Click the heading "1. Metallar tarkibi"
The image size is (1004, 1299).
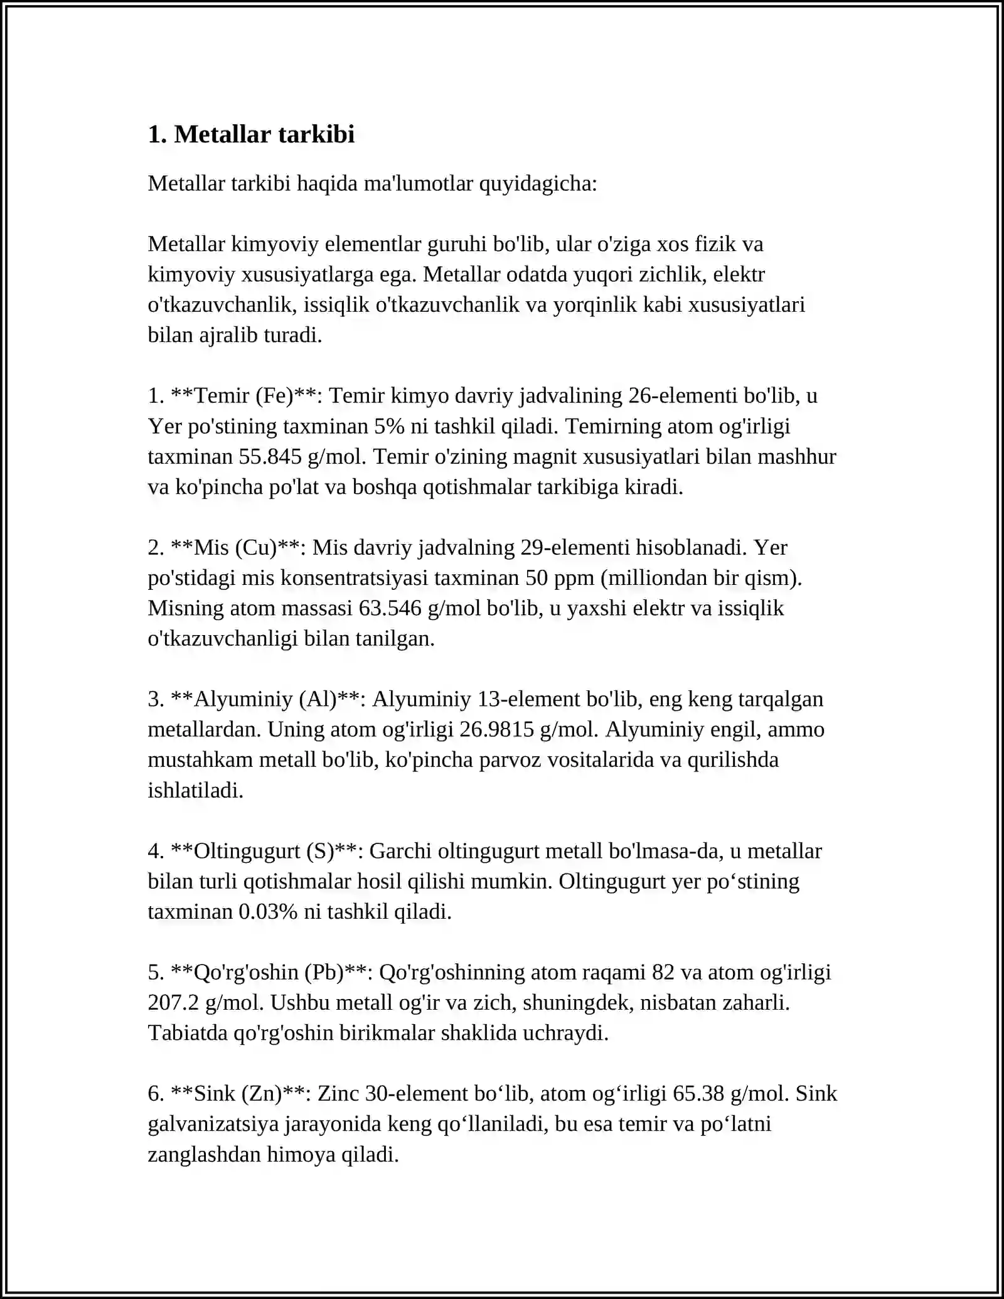pyautogui.click(x=251, y=134)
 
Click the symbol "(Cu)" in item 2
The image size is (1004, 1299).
pyautogui.click(x=256, y=547)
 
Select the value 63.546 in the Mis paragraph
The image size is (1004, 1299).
pyautogui.click(x=390, y=608)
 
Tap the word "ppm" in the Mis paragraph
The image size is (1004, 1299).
pyautogui.click(x=574, y=577)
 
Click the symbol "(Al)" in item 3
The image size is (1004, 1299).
pyautogui.click(x=318, y=699)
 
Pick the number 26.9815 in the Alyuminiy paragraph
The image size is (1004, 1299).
pyautogui.click(x=496, y=729)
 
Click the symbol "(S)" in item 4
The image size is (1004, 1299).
pyautogui.click(x=320, y=851)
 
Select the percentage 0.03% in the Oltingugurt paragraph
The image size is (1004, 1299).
pyautogui.click(x=268, y=911)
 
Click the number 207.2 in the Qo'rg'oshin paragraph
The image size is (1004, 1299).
pyautogui.click(x=173, y=1002)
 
